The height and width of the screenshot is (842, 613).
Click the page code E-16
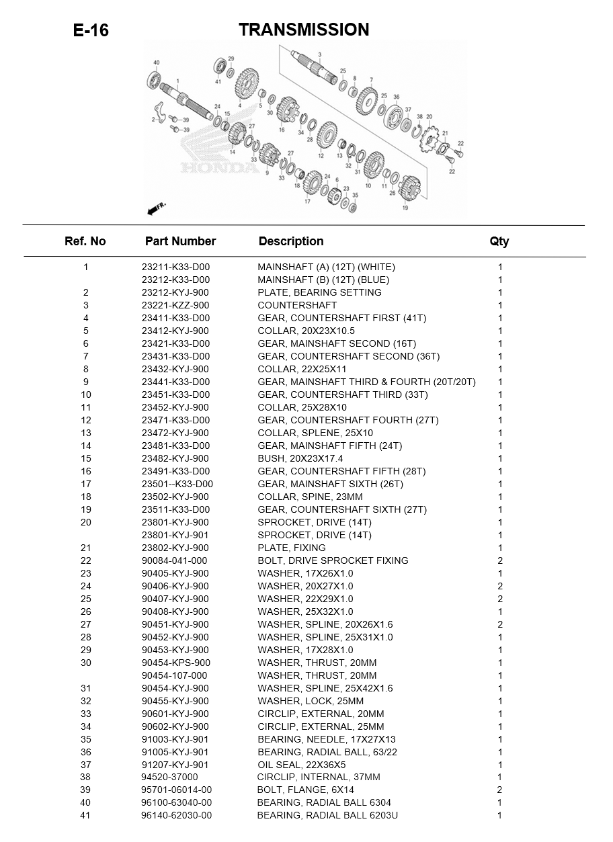coord(91,31)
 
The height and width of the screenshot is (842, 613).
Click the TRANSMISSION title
coord(304,30)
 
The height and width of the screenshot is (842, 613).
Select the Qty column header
coord(499,241)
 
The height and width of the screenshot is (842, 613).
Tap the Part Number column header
coord(180,241)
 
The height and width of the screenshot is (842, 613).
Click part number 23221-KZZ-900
coord(175,305)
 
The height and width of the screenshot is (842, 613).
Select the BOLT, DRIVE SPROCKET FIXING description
coord(333,560)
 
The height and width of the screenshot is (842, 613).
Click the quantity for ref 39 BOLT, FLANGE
coord(499,790)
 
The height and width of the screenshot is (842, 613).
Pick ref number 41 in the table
coord(85,815)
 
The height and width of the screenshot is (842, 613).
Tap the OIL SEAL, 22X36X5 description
coord(302,765)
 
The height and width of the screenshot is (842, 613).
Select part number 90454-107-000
coord(175,675)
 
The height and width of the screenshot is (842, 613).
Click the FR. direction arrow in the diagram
coord(155,209)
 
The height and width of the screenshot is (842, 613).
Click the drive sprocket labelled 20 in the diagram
coord(428,140)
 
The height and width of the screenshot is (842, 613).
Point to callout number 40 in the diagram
coord(157,63)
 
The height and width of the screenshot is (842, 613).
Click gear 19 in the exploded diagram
coord(409,190)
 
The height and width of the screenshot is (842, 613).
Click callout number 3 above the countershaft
coord(320,54)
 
